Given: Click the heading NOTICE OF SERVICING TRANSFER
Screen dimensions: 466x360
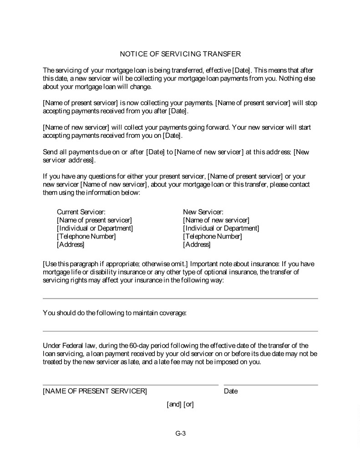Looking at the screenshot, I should tap(180, 54).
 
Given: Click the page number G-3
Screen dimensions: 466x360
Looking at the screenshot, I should tap(181, 433).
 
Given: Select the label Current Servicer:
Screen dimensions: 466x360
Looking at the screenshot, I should tap(81, 212).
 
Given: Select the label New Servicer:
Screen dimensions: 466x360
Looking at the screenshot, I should tap(203, 212).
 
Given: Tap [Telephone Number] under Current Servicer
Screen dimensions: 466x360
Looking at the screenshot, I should tap(86, 236).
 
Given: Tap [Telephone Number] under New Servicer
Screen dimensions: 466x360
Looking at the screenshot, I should tap(213, 236).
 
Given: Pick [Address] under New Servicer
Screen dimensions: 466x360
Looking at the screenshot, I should tap(197, 244).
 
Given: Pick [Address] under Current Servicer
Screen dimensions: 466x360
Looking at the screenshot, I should tap(71, 244).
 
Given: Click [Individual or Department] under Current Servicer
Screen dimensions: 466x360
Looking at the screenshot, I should tap(95, 228).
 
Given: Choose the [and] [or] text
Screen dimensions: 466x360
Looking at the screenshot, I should tap(181, 404).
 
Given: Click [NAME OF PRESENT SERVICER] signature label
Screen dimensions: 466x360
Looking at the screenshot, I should tap(95, 391).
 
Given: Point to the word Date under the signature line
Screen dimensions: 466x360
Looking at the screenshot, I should tap(231, 391).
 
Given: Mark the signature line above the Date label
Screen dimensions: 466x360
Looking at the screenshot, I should tap(271, 385).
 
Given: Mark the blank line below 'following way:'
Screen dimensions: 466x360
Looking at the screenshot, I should tap(180, 299).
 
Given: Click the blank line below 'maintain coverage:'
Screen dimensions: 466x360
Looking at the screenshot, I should tap(180, 331).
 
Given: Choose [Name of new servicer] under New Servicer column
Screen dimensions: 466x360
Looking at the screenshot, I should tap(216, 220).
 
